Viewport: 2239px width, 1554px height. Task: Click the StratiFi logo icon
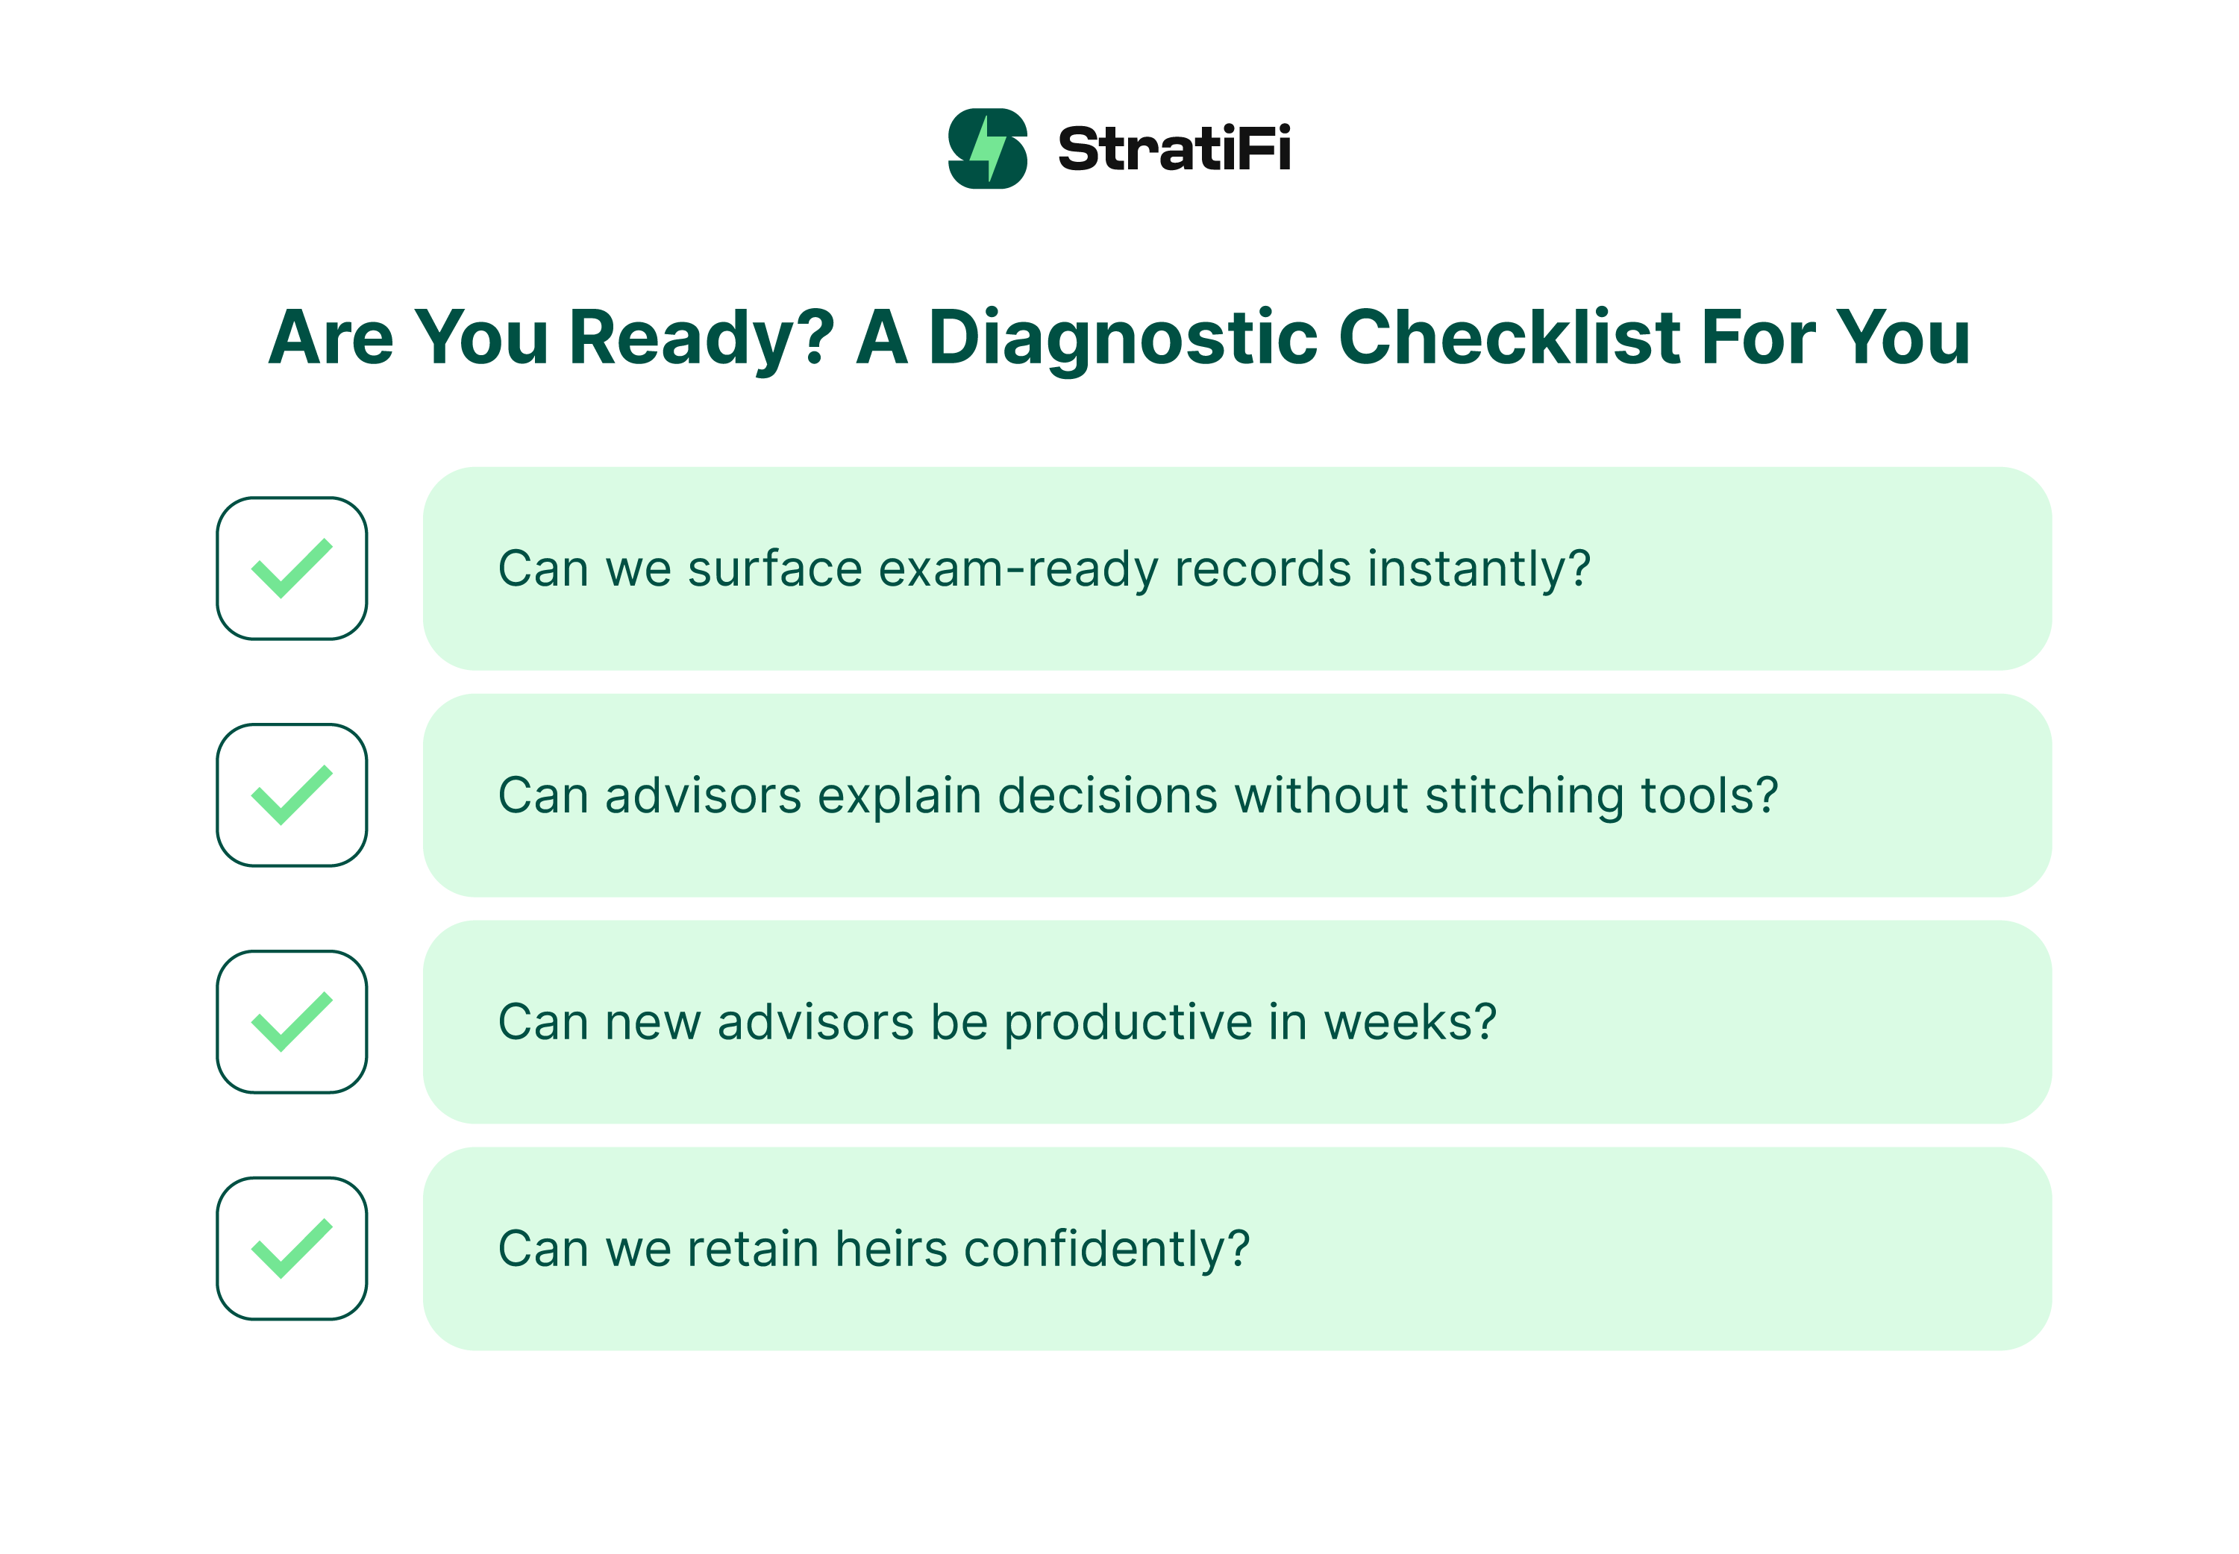pyautogui.click(x=987, y=148)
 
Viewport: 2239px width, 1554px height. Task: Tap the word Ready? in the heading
pyautogui.click(x=701, y=338)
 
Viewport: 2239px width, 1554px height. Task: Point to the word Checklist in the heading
pyautogui.click(x=1509, y=338)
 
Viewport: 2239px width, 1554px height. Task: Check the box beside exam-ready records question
pyautogui.click(x=291, y=568)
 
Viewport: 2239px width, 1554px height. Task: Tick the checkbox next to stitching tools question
pyautogui.click(x=291, y=795)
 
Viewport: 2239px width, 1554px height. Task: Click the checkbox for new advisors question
pyautogui.click(x=291, y=1021)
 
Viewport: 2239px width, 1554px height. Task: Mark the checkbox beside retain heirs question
pyautogui.click(x=291, y=1248)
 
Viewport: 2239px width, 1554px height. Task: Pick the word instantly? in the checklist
pyautogui.click(x=1479, y=568)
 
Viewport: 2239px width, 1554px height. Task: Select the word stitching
pyautogui.click(x=1524, y=795)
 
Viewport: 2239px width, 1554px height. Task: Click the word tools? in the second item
pyautogui.click(x=1709, y=795)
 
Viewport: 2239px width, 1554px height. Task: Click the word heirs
pyautogui.click(x=891, y=1249)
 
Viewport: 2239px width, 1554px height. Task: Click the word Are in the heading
pyautogui.click(x=331, y=338)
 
